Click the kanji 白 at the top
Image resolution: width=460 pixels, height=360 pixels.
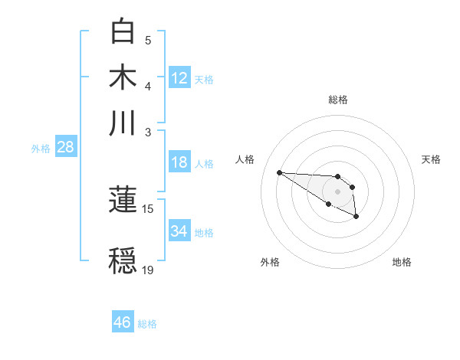point(123,32)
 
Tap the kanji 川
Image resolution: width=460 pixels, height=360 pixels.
point(123,123)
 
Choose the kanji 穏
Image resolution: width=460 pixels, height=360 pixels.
point(123,260)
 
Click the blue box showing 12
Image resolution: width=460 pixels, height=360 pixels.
point(179,77)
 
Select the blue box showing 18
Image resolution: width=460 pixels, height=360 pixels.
point(179,162)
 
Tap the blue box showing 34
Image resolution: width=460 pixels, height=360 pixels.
point(179,231)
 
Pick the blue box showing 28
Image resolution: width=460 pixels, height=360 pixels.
point(65,147)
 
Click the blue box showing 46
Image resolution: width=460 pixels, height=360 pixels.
point(123,322)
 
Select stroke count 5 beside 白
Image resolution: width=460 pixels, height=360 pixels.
point(148,40)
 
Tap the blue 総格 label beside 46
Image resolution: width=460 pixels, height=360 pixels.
point(147,324)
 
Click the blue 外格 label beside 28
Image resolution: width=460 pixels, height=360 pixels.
point(40,149)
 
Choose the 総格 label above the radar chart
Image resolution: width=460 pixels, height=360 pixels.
point(337,100)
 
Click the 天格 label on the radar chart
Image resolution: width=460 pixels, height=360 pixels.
point(432,159)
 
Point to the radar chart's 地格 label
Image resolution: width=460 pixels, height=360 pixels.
point(402,262)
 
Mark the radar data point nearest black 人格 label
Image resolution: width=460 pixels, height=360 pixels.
point(279,172)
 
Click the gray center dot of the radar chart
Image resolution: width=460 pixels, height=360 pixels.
point(337,191)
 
